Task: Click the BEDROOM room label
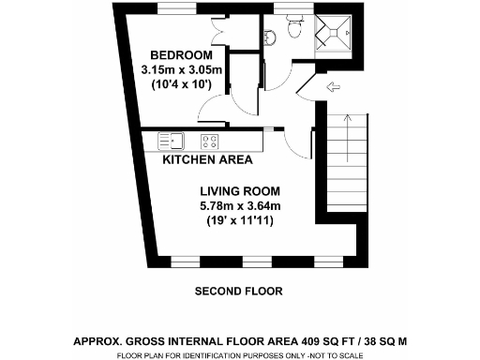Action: coord(181,54)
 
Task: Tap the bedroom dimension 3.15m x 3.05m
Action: coord(181,69)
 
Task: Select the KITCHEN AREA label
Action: coord(208,159)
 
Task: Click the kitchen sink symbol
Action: coord(172,141)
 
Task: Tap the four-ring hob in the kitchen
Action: coord(210,142)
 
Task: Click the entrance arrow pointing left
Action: coord(333,89)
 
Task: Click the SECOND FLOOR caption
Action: coord(238,292)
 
